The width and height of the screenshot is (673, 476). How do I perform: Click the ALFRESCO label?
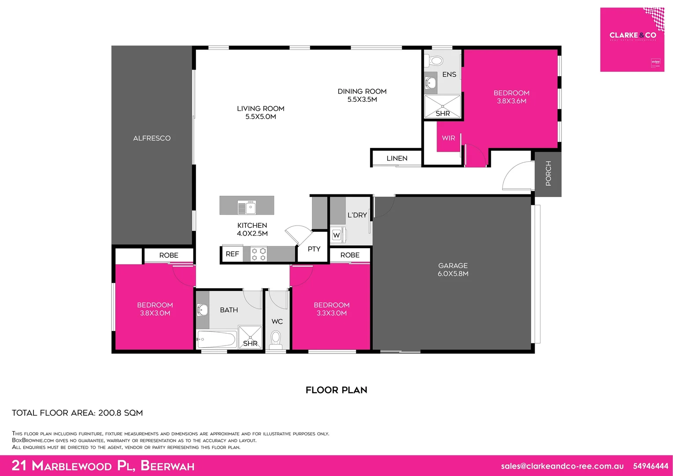coord(152,138)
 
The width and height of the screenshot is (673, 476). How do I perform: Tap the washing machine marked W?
coord(337,235)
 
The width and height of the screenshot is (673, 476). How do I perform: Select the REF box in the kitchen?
coord(232,254)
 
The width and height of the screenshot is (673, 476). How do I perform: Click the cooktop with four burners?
coord(259,254)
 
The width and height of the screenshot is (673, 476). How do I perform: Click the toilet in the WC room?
coord(276,339)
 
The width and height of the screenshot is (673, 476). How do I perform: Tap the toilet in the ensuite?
coord(436,60)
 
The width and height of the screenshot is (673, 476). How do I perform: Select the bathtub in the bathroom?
coord(216,339)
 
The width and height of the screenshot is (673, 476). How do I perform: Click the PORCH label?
coord(548,173)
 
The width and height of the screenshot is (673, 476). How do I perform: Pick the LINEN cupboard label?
coord(397,158)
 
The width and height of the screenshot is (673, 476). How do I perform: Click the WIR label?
coord(448,138)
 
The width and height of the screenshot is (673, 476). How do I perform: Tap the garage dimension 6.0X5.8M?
coord(453,274)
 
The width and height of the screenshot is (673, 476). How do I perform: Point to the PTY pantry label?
coord(314,249)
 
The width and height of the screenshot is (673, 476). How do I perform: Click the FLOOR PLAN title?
coord(336,390)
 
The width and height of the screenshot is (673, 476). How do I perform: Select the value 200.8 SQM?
coord(120,413)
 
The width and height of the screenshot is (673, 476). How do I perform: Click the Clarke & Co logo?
coord(632,39)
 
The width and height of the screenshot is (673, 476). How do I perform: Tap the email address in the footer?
coord(562,466)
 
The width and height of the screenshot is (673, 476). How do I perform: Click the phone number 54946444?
coord(650,466)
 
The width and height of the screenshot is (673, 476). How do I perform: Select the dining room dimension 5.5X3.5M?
coord(362,100)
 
